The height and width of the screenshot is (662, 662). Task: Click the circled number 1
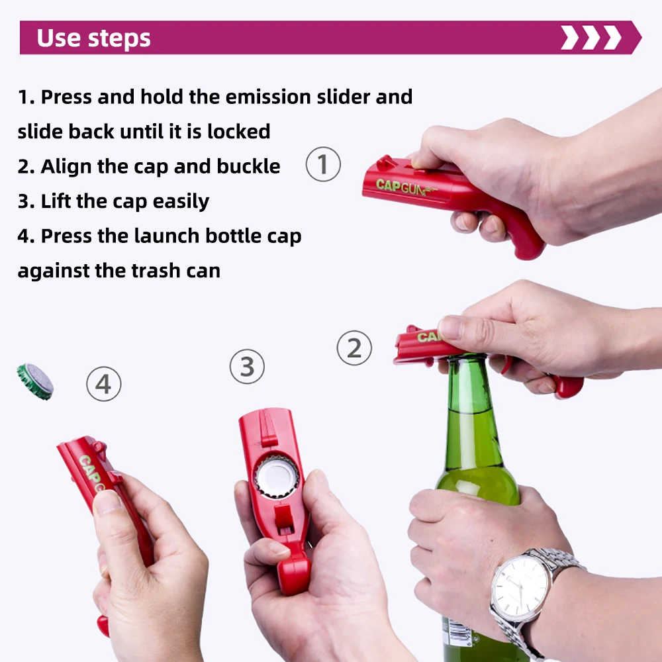click(x=323, y=164)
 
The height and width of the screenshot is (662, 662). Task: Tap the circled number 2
click(x=354, y=348)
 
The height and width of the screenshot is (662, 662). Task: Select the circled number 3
click(x=247, y=366)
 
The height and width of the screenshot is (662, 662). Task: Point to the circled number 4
click(x=104, y=383)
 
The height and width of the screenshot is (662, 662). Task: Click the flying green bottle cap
click(x=35, y=381)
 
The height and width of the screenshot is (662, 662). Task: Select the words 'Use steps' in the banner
click(x=93, y=38)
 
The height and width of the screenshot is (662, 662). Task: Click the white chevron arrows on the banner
click(x=591, y=38)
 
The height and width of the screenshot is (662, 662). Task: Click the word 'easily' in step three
click(x=181, y=201)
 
